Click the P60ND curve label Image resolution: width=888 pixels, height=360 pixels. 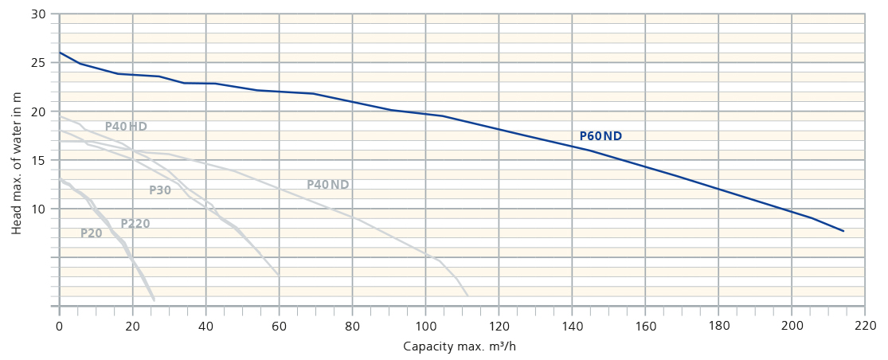600,136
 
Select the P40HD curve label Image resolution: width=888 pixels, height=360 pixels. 126,127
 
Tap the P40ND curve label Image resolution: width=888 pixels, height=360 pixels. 328,185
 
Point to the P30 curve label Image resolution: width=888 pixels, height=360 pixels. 160,190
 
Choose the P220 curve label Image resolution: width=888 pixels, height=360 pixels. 135,224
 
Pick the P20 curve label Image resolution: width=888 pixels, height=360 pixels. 92,233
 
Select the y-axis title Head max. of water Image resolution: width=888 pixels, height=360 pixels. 17,164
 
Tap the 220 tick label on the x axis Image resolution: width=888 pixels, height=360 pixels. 865,326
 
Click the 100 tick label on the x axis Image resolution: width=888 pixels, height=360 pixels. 426,326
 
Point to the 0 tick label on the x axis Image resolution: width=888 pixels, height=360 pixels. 60,326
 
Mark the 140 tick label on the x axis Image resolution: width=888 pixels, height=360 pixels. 572,326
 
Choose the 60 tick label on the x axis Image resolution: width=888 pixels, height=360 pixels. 280,326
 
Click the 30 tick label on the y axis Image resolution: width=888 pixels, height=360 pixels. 39,14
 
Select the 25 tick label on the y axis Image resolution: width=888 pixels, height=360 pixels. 39,63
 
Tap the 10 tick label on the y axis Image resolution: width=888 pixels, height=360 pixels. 39,209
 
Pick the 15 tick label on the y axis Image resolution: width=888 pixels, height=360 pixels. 39,160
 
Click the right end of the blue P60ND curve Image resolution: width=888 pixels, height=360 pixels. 843,231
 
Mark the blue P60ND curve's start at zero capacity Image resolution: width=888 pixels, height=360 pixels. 60,53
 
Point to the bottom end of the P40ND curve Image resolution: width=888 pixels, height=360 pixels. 467,295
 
